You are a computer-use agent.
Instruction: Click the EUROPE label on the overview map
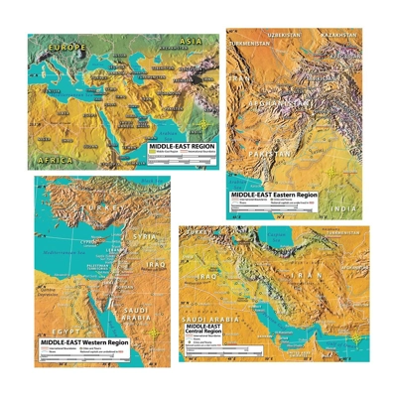[56, 47]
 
